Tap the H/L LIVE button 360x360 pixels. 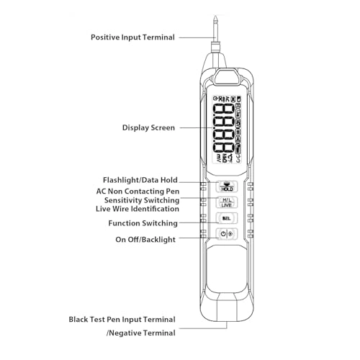[227, 202]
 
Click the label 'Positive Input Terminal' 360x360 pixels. [132, 37]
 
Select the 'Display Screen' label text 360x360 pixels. [148, 127]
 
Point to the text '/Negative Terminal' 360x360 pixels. [140, 333]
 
